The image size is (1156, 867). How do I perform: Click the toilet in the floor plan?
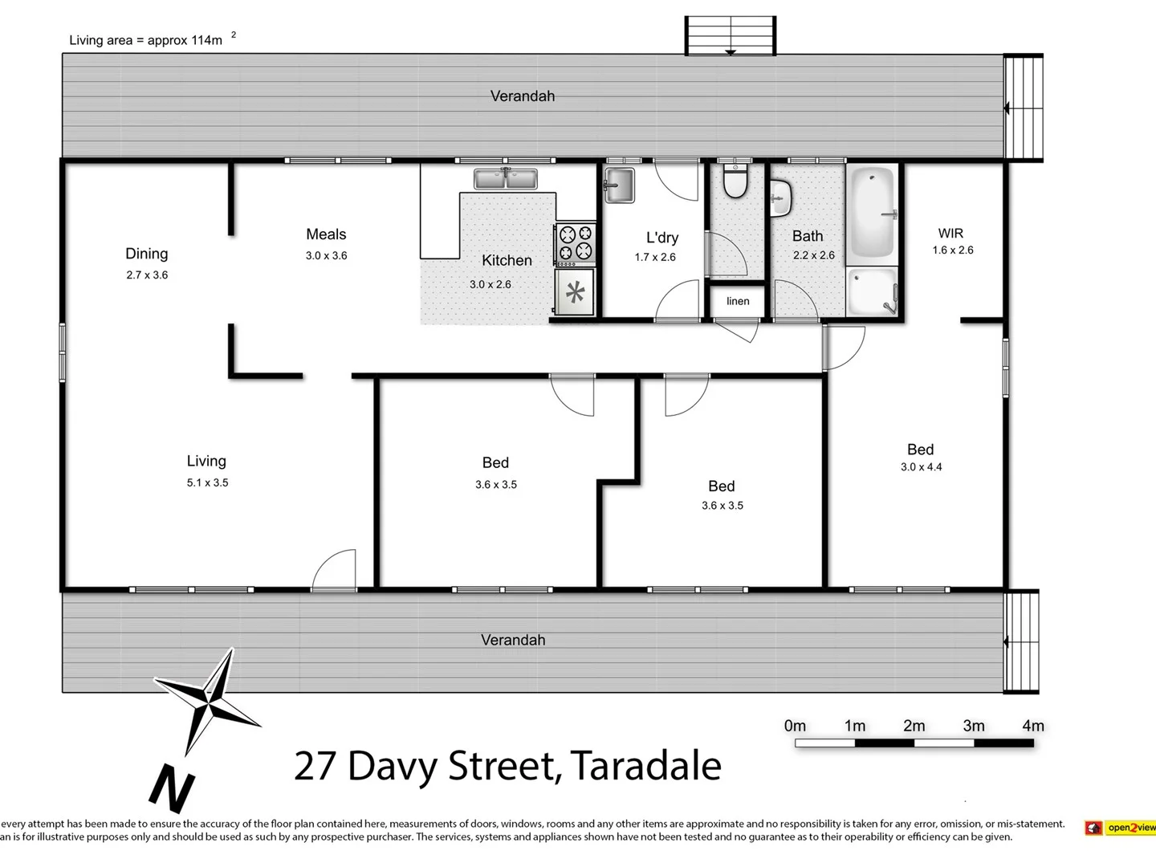click(735, 181)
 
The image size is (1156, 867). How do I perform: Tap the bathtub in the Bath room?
click(872, 212)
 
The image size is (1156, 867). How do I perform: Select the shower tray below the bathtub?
click(872, 291)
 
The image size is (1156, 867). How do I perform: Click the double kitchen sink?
click(505, 178)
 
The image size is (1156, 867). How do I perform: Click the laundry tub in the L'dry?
click(619, 185)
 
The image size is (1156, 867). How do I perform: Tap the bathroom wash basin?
click(780, 197)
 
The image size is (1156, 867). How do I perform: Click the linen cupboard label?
click(738, 301)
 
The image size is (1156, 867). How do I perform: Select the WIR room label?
click(950, 234)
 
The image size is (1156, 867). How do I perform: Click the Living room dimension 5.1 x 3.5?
click(208, 482)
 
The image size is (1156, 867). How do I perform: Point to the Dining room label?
click(147, 254)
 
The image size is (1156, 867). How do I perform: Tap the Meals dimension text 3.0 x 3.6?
click(326, 256)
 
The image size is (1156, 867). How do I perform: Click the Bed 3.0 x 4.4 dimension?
click(921, 466)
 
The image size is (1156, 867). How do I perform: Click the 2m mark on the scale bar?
click(914, 727)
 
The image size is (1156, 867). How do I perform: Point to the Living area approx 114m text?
click(147, 40)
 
